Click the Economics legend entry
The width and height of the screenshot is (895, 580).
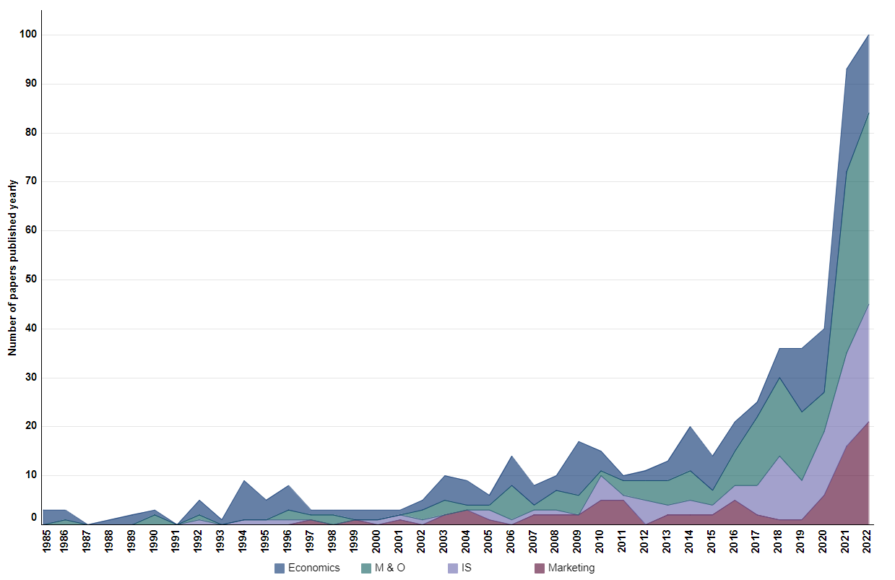click(307, 568)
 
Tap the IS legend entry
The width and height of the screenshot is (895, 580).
click(460, 568)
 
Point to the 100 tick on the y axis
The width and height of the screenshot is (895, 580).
click(29, 35)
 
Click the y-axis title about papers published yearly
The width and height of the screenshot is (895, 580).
click(13, 268)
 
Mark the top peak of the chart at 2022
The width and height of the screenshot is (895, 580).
click(868, 35)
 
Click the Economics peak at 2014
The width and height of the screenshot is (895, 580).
click(691, 426)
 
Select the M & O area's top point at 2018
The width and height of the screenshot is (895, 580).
click(779, 378)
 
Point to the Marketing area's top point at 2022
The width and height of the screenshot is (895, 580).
click(868, 422)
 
